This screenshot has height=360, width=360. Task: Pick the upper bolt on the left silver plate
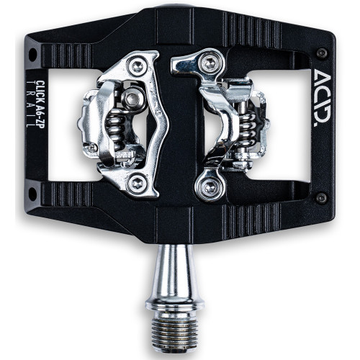(x=137, y=66)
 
